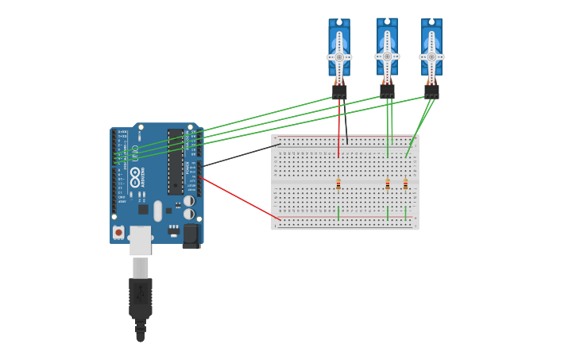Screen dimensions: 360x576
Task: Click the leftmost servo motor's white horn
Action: pyautogui.click(x=339, y=57)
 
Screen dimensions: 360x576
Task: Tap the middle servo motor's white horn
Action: pyautogui.click(x=387, y=56)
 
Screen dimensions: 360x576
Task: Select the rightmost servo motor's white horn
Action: pyautogui.click(x=431, y=57)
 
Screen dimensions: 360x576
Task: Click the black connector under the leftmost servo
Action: pyautogui.click(x=339, y=92)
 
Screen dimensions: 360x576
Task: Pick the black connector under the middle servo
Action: pyautogui.click(x=387, y=91)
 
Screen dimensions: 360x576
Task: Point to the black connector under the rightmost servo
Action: pyautogui.click(x=431, y=91)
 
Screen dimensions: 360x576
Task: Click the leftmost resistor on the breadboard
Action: pyautogui.click(x=338, y=184)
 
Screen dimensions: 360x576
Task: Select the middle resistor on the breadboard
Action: pyautogui.click(x=388, y=184)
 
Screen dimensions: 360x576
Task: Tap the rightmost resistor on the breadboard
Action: pyautogui.click(x=405, y=184)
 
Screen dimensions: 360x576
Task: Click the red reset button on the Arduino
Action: pyautogui.click(x=118, y=232)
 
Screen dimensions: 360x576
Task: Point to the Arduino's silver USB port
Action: pyautogui.click(x=141, y=240)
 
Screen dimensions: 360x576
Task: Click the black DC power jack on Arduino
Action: pyautogui.click(x=191, y=235)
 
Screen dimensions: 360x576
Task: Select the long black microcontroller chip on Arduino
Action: pyautogui.click(x=176, y=162)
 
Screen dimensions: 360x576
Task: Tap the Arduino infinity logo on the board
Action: pyautogui.click(x=135, y=172)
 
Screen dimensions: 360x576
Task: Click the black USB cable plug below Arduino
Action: pyautogui.click(x=141, y=298)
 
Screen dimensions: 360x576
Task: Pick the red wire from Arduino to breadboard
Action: pyautogui.click(x=238, y=198)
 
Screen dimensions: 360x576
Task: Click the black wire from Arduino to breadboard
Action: pyautogui.click(x=238, y=155)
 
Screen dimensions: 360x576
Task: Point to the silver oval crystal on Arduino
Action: pyautogui.click(x=158, y=211)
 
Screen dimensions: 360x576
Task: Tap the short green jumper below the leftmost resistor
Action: pyautogui.click(x=338, y=213)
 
